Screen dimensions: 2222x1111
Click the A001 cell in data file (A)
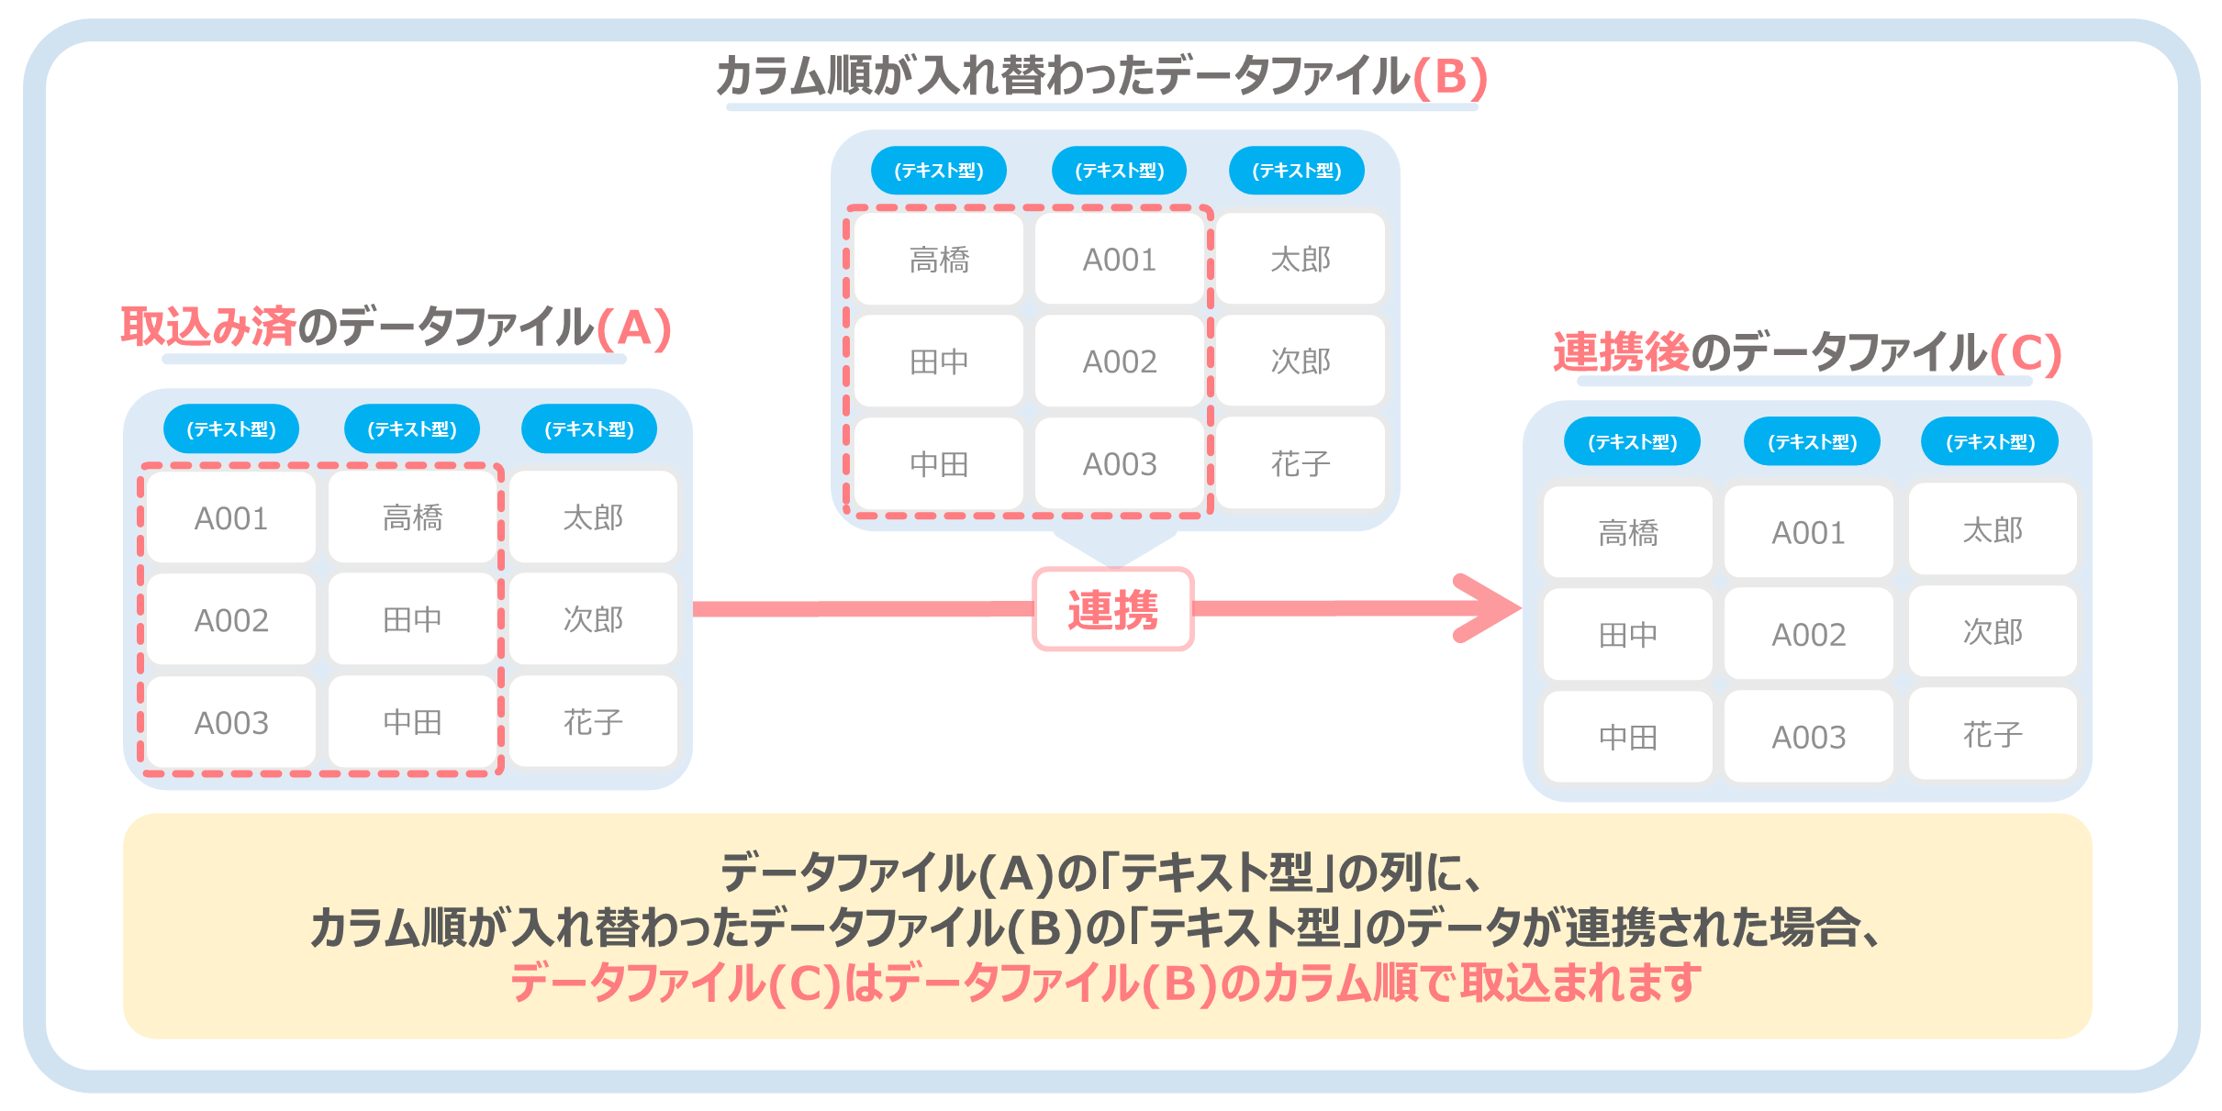pyautogui.click(x=231, y=518)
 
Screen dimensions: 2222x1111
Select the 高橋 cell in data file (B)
pyautogui.click(x=939, y=260)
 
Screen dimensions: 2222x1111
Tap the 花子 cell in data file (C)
pyautogui.click(x=1993, y=735)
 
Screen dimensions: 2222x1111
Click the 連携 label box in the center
pyautogui.click(x=1113, y=609)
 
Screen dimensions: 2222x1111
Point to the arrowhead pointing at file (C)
pyautogui.click(x=1487, y=607)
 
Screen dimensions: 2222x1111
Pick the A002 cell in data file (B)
pyautogui.click(x=1120, y=361)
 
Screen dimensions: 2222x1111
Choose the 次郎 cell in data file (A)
pyautogui.click(x=593, y=620)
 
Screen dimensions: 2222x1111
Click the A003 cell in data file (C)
pyautogui.click(x=1808, y=737)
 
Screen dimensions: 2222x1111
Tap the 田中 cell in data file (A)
pyautogui.click(x=412, y=620)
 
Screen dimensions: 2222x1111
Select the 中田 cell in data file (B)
pyautogui.click(x=939, y=464)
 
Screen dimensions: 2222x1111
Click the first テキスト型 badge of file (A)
pyautogui.click(x=231, y=428)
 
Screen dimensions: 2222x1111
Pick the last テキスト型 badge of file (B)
pyautogui.click(x=1297, y=170)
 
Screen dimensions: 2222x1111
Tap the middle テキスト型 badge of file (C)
pyautogui.click(x=1813, y=441)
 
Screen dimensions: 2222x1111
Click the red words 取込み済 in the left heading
pyautogui.click(x=208, y=327)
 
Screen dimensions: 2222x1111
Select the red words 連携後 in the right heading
pyautogui.click(x=1621, y=352)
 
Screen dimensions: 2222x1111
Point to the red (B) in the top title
pyautogui.click(x=1450, y=76)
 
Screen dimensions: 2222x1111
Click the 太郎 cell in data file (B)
pyautogui.click(x=1301, y=259)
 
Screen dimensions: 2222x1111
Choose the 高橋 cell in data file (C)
pyautogui.click(x=1628, y=532)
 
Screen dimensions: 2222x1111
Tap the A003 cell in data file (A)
pyautogui.click(x=231, y=723)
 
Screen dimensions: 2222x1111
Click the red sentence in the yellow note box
pyautogui.click(x=1106, y=983)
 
